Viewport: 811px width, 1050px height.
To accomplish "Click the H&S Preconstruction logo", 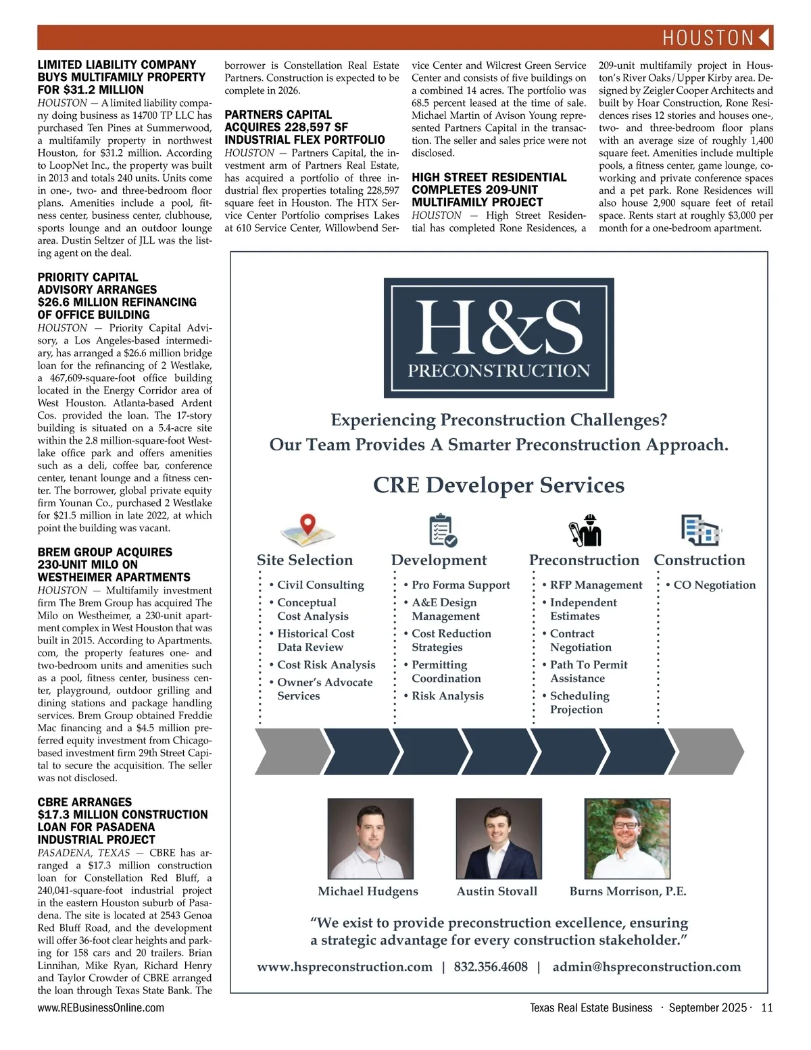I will coord(499,338).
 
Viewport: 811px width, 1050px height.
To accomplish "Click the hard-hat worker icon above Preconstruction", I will coord(585,530).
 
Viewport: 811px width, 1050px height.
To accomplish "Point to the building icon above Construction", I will coord(699,530).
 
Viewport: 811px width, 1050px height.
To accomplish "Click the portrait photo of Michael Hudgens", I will coord(370,838).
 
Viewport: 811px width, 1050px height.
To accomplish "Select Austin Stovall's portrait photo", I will coord(499,838).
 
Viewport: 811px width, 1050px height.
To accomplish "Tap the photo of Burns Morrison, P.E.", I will coord(626,838).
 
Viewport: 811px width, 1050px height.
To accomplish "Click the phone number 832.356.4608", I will coord(491,967).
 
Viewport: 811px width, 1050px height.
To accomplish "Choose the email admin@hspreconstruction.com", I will coord(646,967).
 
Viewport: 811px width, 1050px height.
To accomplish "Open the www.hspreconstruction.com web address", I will coord(345,967).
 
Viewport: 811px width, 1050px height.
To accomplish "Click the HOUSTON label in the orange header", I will coord(708,38).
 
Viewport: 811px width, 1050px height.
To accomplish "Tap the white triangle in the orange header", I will coord(764,38).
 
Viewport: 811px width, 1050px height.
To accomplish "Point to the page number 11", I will coord(766,1008).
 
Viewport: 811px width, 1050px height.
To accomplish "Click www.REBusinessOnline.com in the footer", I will coord(101,1008).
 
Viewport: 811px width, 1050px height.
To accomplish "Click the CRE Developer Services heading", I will coord(499,485).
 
